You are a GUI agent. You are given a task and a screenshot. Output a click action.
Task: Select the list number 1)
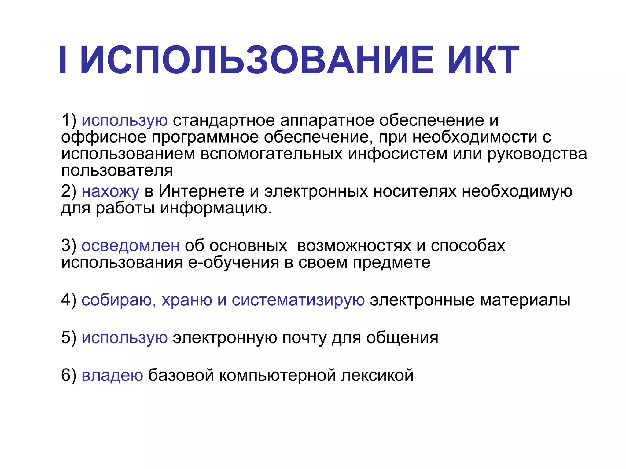point(69,120)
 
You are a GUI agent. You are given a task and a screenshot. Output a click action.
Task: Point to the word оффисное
point(104,137)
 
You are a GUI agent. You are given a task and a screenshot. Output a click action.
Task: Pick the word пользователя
point(117,170)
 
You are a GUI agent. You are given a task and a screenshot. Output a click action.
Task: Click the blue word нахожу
point(110,192)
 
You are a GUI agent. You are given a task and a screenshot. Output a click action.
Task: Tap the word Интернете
point(202,191)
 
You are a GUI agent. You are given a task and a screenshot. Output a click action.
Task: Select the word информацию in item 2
point(215,209)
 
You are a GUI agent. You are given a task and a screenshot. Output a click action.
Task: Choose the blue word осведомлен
point(131,245)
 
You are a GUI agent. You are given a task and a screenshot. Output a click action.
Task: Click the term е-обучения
point(234,263)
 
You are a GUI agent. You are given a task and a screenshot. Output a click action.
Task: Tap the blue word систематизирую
point(298,300)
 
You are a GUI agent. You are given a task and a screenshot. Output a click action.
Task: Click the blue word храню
point(187,300)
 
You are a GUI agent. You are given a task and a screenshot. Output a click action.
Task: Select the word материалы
point(525,300)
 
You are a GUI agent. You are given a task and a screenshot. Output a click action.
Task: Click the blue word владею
point(112,375)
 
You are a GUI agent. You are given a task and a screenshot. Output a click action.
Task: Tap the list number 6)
point(69,375)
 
